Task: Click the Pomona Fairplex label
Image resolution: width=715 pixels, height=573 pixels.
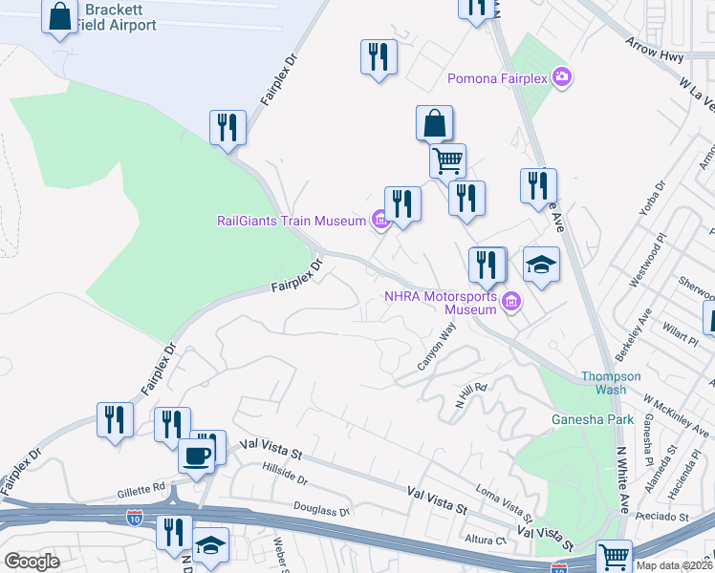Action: pyautogui.click(x=498, y=77)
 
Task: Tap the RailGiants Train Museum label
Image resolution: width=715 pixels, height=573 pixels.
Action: pyautogui.click(x=292, y=222)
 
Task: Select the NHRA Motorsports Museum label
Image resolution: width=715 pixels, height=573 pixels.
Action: pyautogui.click(x=441, y=303)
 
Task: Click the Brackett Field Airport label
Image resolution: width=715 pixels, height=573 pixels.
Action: pyautogui.click(x=119, y=17)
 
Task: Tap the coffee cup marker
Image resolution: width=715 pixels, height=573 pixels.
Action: pyautogui.click(x=197, y=456)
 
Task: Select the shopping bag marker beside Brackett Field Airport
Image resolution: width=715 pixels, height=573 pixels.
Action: pyautogui.click(x=60, y=17)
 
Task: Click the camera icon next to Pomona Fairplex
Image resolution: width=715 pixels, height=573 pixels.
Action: pyautogui.click(x=562, y=76)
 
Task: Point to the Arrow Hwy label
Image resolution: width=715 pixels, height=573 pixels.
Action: pyautogui.click(x=655, y=51)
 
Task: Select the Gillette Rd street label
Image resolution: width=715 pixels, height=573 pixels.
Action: pyautogui.click(x=141, y=490)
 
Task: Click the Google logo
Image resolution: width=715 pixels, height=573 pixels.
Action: pyautogui.click(x=32, y=562)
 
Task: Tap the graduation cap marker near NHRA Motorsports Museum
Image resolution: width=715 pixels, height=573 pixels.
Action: pyautogui.click(x=541, y=265)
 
